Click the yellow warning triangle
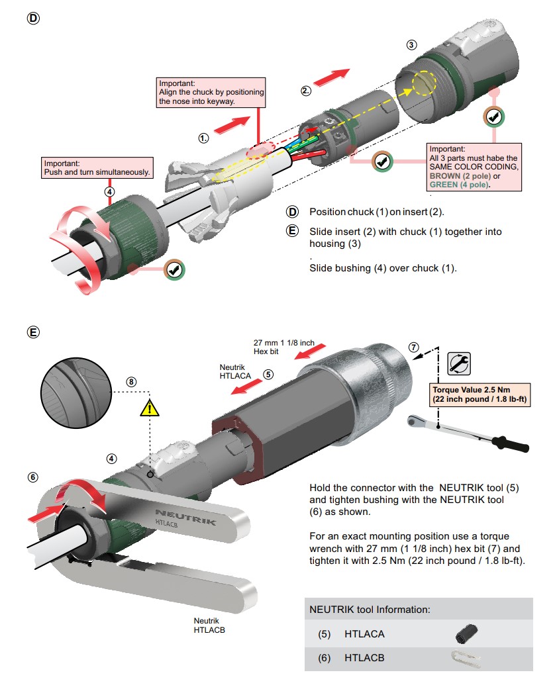point(150,408)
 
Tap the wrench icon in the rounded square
point(460,363)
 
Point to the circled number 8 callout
point(131,382)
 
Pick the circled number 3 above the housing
point(411,45)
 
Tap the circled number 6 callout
point(32,477)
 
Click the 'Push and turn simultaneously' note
point(97,167)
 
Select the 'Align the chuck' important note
point(211,93)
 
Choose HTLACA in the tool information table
point(364,633)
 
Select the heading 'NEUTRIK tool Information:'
point(370,609)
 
